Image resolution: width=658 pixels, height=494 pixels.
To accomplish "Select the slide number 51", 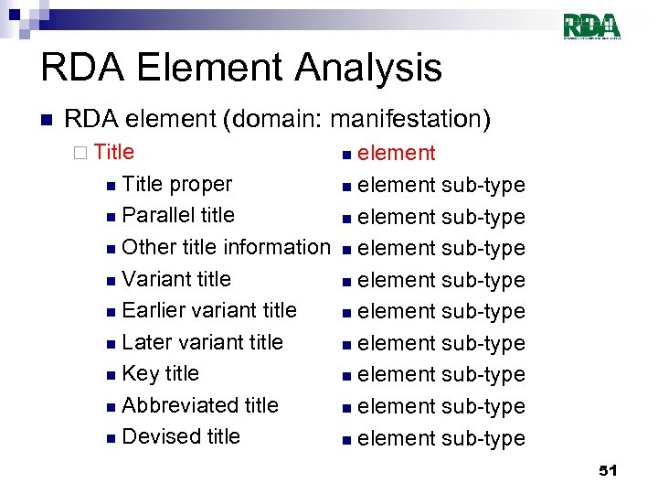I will point(608,470).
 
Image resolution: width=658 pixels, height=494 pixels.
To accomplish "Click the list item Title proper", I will point(176,184).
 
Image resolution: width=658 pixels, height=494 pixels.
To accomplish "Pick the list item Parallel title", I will point(177,215).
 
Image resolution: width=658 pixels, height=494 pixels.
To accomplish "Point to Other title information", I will point(225,247).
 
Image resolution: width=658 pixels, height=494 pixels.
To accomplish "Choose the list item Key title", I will point(160,373).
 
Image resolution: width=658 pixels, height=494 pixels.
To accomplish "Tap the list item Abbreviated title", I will point(199,405).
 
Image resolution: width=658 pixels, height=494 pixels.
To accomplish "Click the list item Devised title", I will point(180,436).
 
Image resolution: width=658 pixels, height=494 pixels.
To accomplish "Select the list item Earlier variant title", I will point(208,310).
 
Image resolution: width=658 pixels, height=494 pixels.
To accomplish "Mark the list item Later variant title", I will point(202,342).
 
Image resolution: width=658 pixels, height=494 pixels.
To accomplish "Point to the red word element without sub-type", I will point(396,153).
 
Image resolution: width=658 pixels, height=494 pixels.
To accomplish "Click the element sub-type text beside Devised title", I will point(440,438).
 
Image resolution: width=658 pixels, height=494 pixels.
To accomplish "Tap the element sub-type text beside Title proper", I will point(440,185).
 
